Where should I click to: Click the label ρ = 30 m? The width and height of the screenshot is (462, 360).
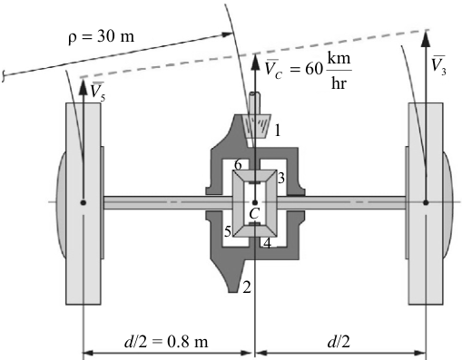(x=101, y=37)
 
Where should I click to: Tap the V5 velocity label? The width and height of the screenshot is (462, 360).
(x=97, y=91)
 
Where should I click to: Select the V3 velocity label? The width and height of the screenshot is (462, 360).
(x=438, y=64)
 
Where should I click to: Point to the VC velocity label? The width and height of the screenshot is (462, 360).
(x=274, y=69)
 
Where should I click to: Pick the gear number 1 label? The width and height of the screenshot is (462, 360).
(x=277, y=131)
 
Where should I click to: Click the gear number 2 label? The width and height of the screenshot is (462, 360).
(x=247, y=287)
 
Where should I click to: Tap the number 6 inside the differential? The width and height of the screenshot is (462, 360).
(x=238, y=165)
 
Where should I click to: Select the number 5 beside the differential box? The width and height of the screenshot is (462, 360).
(x=228, y=232)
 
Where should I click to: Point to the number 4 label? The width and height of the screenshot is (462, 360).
(x=267, y=243)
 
